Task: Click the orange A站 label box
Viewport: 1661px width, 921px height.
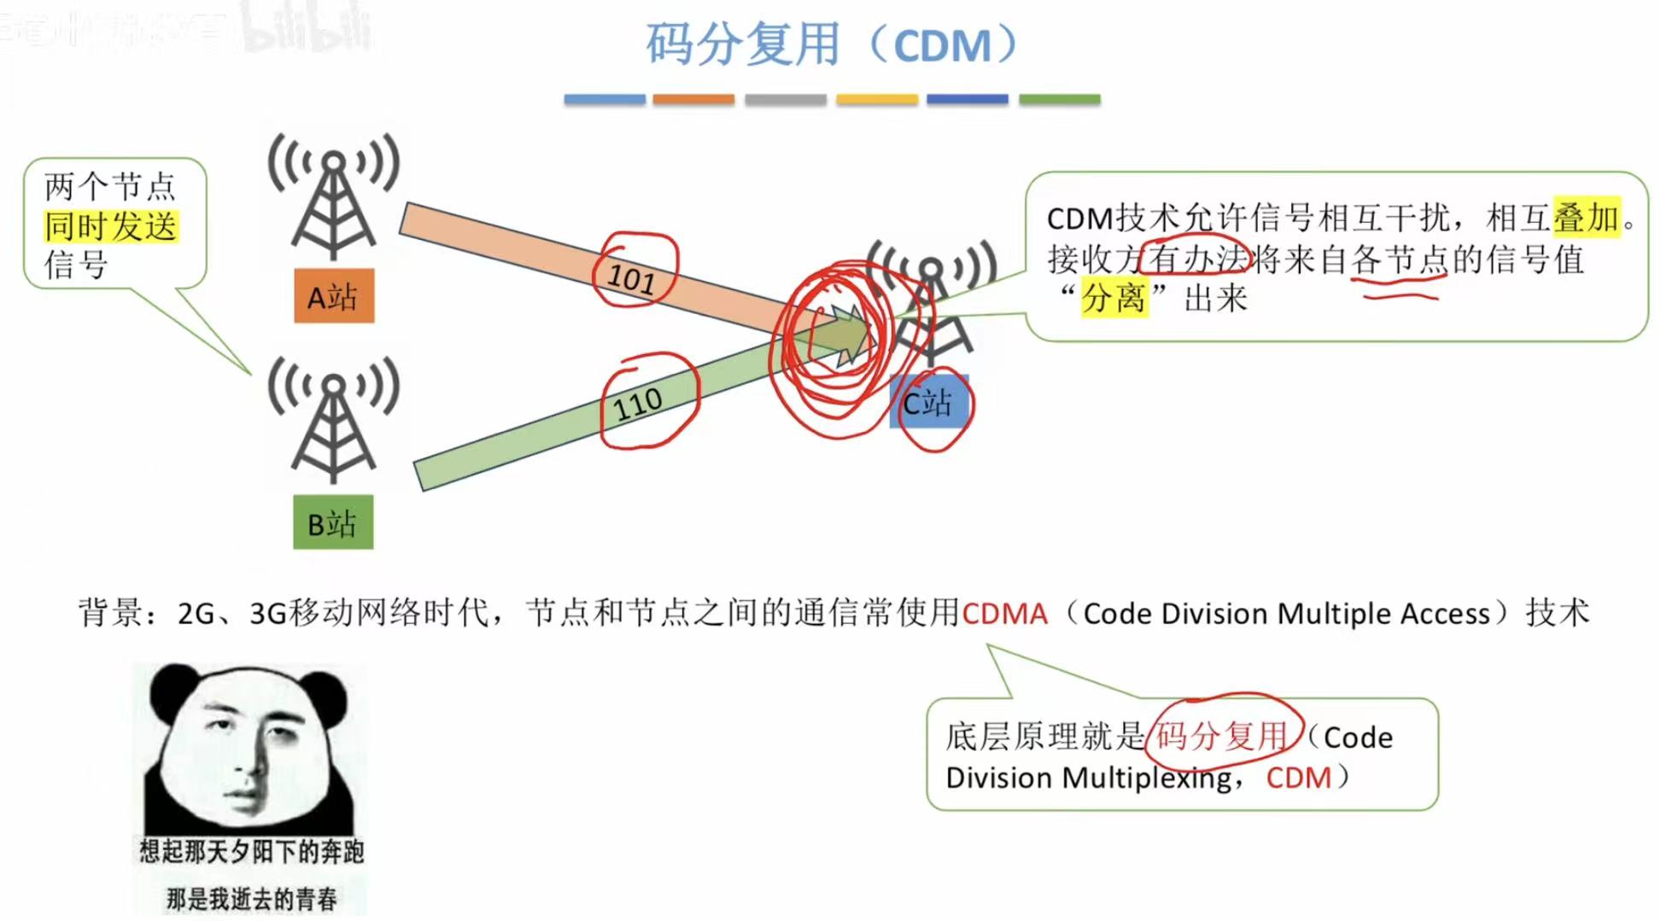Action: click(334, 296)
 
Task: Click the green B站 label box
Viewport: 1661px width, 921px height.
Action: click(333, 522)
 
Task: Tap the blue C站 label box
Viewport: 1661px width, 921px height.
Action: click(928, 402)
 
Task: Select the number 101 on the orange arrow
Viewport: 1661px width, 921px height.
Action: click(631, 277)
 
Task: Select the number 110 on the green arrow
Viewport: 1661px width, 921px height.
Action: click(638, 404)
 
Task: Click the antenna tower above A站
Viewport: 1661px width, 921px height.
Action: click(334, 196)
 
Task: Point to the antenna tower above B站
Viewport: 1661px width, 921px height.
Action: click(334, 420)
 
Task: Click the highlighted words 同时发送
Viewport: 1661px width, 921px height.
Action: click(111, 226)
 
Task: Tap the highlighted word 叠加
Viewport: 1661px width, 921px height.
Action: click(1586, 218)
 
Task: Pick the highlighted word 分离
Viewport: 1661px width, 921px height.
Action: click(1114, 298)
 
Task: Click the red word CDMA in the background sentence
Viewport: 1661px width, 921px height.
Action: click(1004, 614)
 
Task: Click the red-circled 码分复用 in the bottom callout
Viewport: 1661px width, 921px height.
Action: click(1221, 736)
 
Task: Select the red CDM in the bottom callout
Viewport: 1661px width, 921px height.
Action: click(1298, 778)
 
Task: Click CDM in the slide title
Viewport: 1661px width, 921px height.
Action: click(942, 46)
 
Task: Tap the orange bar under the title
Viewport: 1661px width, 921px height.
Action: click(693, 100)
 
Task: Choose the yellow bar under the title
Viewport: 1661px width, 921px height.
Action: click(877, 100)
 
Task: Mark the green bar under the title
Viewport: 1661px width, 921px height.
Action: click(1060, 100)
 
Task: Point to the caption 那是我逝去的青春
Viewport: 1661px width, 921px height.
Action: click(251, 898)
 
